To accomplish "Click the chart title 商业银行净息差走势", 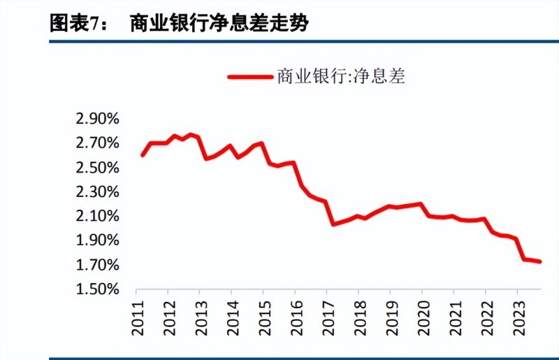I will (219, 24).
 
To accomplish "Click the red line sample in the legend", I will (249, 76).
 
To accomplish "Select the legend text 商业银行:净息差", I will (340, 76).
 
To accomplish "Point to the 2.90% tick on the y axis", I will (98, 119).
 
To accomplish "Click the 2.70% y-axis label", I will (98, 143).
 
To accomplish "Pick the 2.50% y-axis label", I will (98, 168).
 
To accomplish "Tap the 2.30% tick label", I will (98, 192).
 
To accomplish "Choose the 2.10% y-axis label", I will (98, 216).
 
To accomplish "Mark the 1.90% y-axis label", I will (98, 240).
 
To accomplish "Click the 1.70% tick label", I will (98, 265).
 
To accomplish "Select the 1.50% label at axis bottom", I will (98, 289).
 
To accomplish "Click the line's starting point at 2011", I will (143, 155).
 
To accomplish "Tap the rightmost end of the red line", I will (540, 261).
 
